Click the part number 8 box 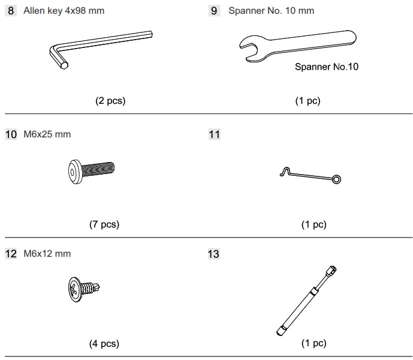(11, 11)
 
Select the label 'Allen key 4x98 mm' (64, 11)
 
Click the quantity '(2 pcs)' (110, 101)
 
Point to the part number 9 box (215, 11)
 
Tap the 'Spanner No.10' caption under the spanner (327, 67)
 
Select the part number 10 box (11, 134)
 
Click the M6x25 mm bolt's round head (75, 172)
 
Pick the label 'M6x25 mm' (47, 134)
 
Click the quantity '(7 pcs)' (104, 224)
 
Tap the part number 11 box (215, 134)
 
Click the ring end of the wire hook (336, 179)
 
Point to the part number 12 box (11, 254)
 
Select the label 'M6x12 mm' (47, 254)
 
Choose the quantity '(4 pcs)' (104, 344)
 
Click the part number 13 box (213, 254)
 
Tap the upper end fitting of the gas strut (331, 271)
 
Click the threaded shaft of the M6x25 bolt (98, 169)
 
